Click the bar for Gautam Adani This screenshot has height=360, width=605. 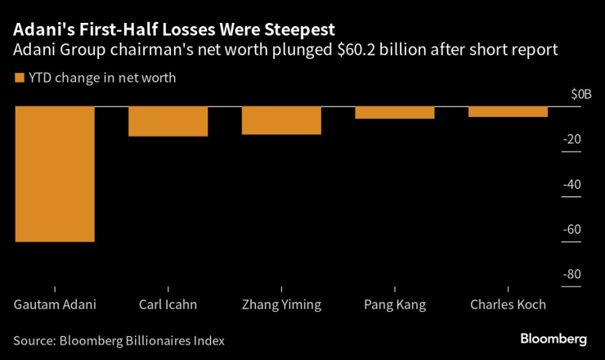[55, 174]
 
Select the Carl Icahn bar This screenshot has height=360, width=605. [168, 121]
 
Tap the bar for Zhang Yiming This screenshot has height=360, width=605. [281, 120]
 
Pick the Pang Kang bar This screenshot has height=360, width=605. [395, 113]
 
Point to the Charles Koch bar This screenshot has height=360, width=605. [508, 112]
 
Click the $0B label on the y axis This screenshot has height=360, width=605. [580, 95]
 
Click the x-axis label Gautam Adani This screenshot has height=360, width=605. [55, 304]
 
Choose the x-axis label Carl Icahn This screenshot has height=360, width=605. [168, 304]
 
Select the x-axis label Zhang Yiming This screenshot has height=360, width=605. [281, 304]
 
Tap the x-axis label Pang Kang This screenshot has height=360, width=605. [395, 304]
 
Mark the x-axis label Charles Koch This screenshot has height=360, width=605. [508, 304]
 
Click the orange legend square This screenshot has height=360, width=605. [19, 79]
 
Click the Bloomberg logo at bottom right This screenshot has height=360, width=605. [553, 339]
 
